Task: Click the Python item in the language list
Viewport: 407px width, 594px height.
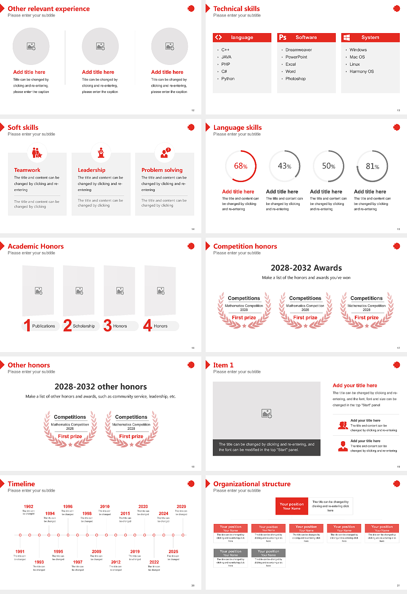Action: [228, 79]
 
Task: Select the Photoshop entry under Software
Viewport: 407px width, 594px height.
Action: [295, 79]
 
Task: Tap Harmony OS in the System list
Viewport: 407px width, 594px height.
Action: [361, 72]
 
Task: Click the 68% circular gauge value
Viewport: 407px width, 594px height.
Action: [241, 166]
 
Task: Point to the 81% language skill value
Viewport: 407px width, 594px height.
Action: [372, 166]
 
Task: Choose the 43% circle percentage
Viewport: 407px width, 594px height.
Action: [284, 166]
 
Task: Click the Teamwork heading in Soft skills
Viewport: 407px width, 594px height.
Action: [27, 170]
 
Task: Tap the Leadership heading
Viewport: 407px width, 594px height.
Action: [92, 170]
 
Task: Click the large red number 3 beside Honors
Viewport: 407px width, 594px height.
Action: [108, 325]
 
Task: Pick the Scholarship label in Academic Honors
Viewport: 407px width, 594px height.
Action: [84, 326]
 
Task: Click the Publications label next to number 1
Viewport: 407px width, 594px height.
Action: [43, 326]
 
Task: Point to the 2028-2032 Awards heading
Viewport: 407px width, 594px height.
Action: [306, 268]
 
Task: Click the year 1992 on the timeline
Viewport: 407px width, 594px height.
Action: [28, 507]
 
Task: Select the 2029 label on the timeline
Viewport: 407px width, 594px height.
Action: [181, 507]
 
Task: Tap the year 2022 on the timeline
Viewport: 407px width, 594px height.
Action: [154, 562]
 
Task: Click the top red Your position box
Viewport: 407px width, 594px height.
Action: [292, 506]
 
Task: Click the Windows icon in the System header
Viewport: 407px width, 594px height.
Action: [347, 37]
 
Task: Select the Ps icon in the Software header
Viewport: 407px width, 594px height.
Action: [283, 37]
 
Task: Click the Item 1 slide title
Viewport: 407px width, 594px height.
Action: [223, 365]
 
